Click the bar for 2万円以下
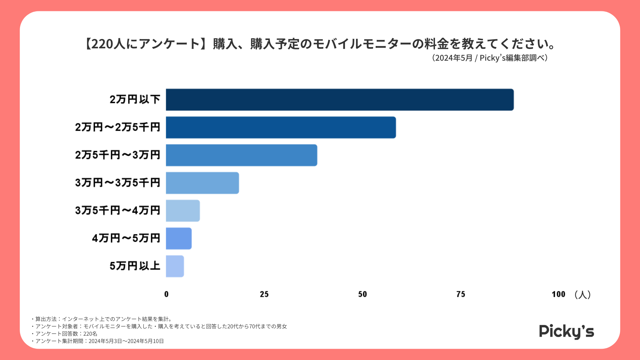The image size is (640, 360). pyautogui.click(x=340, y=100)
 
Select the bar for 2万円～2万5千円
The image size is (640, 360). pyautogui.click(x=281, y=127)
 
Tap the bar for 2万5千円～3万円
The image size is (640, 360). pyautogui.click(x=241, y=155)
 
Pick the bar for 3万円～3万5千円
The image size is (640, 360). pyautogui.click(x=202, y=183)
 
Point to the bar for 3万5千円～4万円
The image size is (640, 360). pyautogui.click(x=183, y=211)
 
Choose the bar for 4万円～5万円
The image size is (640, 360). pyautogui.click(x=179, y=238)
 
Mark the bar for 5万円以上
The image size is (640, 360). pyautogui.click(x=175, y=266)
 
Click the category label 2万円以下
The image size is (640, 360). pyautogui.click(x=135, y=99)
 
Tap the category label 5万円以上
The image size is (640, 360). pyautogui.click(x=135, y=266)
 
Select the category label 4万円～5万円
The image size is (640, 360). pyautogui.click(x=126, y=238)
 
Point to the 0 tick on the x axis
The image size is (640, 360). pyautogui.click(x=166, y=294)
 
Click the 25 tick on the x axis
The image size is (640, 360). pyautogui.click(x=264, y=294)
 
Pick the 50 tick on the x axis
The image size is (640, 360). pyautogui.click(x=362, y=294)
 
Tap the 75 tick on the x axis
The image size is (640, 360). pyautogui.click(x=461, y=294)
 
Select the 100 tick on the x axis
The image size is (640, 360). pyautogui.click(x=558, y=294)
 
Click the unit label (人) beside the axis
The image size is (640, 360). pyautogui.click(x=583, y=294)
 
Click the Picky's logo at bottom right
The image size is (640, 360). pyautogui.click(x=566, y=331)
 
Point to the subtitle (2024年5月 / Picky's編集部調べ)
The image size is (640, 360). pyautogui.click(x=490, y=58)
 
